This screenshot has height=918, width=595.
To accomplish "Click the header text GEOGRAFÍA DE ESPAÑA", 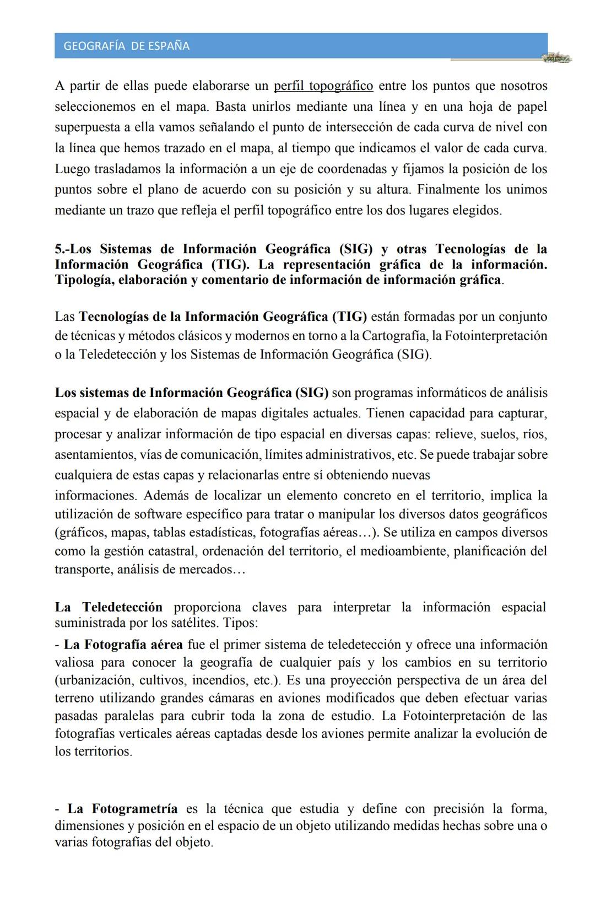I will coord(126,46).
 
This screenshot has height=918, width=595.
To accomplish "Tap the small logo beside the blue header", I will coord(556,58).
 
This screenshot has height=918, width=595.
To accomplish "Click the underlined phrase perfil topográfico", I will coord(323,86).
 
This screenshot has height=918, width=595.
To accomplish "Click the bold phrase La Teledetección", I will coord(109,607).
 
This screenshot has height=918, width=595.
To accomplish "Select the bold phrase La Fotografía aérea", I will coord(123,645).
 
